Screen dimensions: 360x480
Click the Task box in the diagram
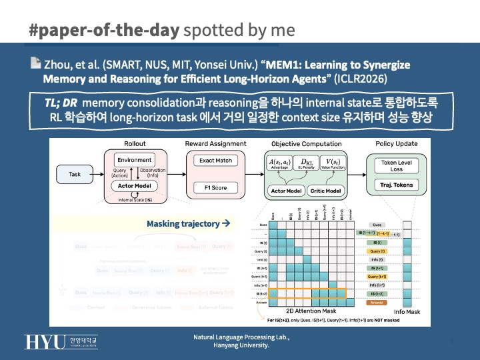click(75, 174)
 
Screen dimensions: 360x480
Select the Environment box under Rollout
click(134, 161)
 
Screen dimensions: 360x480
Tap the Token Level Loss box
click(397, 165)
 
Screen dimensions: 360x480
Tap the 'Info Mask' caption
click(407, 311)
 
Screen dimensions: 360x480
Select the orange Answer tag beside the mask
click(377, 302)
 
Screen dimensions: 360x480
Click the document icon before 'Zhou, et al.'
click(35, 65)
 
